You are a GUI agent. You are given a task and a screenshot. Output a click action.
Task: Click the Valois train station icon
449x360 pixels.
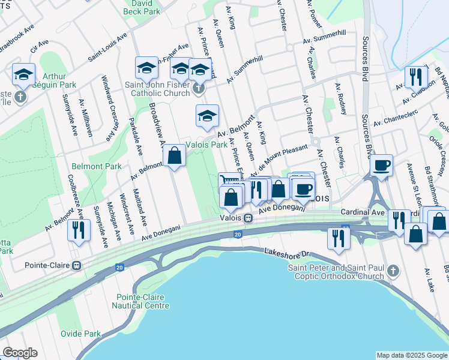point(247,218)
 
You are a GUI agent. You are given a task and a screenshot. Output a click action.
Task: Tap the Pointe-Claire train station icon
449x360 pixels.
point(76,265)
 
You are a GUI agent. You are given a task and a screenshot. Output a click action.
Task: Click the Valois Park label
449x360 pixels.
point(206,145)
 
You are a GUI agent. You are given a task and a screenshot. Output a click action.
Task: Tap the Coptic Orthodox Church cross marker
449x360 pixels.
point(393,271)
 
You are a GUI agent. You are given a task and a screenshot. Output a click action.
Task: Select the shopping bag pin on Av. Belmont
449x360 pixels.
point(174,155)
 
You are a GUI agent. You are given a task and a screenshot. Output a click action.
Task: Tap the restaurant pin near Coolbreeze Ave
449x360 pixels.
point(79,229)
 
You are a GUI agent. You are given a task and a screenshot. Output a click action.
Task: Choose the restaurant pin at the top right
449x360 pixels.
point(415,76)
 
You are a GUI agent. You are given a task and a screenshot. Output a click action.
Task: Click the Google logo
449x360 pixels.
point(20,353)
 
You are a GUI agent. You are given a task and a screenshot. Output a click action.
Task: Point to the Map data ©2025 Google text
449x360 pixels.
point(411,355)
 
